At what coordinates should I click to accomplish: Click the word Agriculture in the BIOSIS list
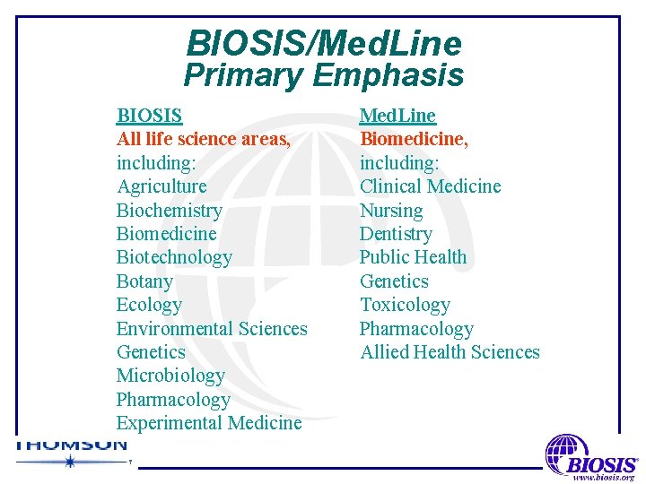(x=161, y=186)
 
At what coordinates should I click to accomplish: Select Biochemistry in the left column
(x=169, y=211)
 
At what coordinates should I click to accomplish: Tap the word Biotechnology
(x=174, y=257)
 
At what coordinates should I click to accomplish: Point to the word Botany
(x=144, y=281)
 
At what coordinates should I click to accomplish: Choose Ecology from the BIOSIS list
(x=149, y=305)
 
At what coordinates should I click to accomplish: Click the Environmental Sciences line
(x=212, y=329)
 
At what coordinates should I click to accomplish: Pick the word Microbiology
(x=170, y=376)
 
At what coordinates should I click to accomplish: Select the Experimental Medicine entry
(x=209, y=423)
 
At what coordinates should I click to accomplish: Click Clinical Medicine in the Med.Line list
(x=431, y=186)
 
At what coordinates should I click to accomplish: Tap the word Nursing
(x=391, y=211)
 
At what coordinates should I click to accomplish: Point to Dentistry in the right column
(x=396, y=234)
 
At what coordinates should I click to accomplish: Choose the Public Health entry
(x=414, y=257)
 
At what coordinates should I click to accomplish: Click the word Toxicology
(x=405, y=305)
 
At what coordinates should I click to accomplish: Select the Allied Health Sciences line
(x=450, y=352)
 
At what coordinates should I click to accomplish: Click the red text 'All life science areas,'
(x=204, y=139)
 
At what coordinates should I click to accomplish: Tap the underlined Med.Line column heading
(x=397, y=116)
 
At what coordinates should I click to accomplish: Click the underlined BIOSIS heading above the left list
(x=149, y=116)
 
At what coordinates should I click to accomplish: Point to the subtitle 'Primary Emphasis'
(x=324, y=75)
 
